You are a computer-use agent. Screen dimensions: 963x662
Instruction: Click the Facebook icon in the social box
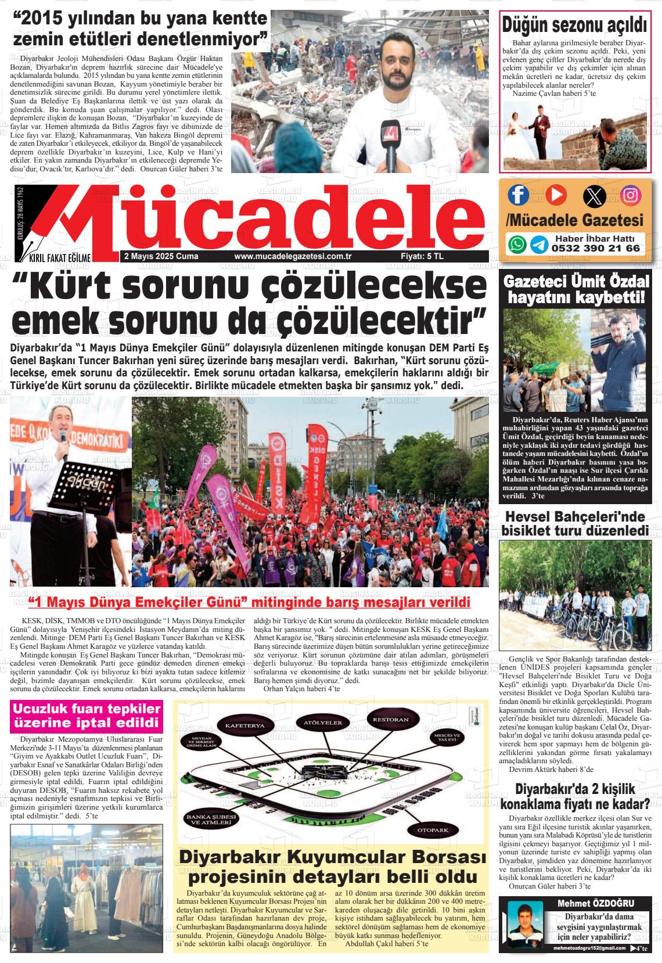click(519, 195)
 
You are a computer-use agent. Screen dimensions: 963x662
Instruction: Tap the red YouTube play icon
click(555, 195)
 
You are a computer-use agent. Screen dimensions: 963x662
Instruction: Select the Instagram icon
click(630, 195)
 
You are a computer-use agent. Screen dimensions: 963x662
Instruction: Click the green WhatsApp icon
click(517, 244)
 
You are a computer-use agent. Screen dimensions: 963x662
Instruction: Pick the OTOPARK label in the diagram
click(433, 830)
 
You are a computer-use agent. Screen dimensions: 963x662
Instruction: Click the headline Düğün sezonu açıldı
click(574, 26)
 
